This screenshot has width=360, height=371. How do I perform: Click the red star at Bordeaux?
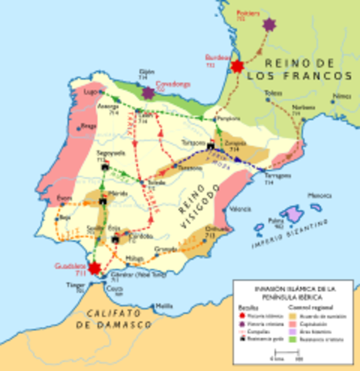(236, 66)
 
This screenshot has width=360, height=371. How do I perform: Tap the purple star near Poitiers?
(270, 25)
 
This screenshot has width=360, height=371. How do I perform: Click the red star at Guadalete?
(94, 268)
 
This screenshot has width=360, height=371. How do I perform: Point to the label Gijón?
(147, 74)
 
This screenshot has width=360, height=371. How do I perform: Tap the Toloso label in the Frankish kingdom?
(271, 93)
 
